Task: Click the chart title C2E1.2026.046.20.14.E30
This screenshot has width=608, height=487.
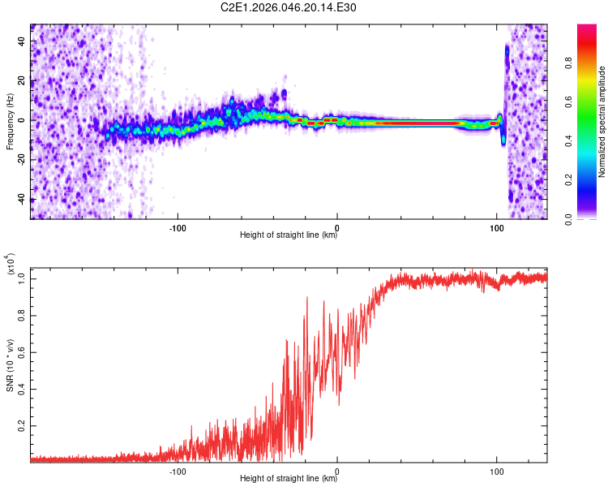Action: pos(289,7)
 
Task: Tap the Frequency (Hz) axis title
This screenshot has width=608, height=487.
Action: pos(10,122)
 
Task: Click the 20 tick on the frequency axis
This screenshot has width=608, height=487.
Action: pos(23,80)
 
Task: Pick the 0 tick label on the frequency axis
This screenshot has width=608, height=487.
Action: pos(24,119)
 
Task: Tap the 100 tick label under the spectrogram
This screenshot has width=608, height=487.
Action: pos(497,227)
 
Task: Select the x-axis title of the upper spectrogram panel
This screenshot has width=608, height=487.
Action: pos(289,236)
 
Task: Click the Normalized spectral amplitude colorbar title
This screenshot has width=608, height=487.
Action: pos(602,122)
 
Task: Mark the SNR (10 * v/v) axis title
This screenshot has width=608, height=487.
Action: pos(10,362)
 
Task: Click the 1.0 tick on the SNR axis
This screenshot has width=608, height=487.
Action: pos(23,278)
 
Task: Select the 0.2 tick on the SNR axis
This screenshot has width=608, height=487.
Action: pos(23,425)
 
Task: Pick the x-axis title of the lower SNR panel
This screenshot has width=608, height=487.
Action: pos(289,479)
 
